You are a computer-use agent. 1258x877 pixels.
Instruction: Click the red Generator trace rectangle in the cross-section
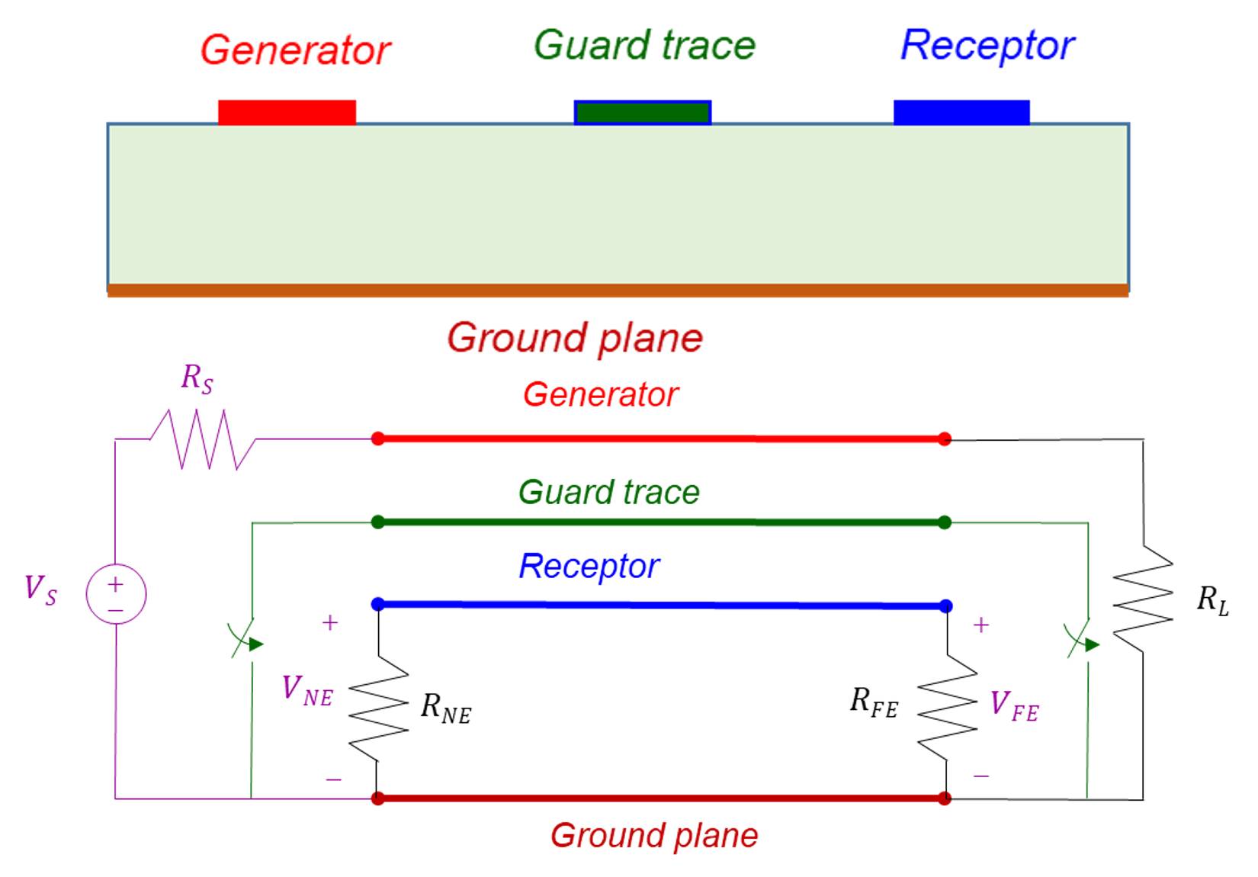pos(287,112)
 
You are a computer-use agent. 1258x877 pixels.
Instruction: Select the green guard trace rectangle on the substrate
pos(643,113)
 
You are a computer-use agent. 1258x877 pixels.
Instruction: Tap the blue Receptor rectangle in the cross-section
pos(961,112)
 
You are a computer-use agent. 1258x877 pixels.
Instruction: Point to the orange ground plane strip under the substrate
pos(618,291)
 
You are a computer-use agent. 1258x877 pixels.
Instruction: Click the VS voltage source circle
pos(116,594)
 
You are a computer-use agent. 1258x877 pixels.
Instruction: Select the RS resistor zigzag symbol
pos(202,439)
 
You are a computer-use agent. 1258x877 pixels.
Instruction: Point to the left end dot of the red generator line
pos(377,438)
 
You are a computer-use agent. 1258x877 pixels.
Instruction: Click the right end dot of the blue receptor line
pos(946,606)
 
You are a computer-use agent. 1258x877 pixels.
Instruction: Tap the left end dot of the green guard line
pos(377,522)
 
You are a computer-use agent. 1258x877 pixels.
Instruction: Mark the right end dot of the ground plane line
pos(945,798)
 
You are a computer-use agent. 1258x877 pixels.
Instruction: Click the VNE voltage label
pos(307,691)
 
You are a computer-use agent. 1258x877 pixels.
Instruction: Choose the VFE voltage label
pos(1014,705)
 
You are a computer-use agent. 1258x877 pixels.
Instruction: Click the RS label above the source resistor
pos(197,378)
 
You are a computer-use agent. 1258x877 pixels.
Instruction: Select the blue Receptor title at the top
pos(987,46)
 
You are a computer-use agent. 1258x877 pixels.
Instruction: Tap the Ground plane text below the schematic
pos(654,836)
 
